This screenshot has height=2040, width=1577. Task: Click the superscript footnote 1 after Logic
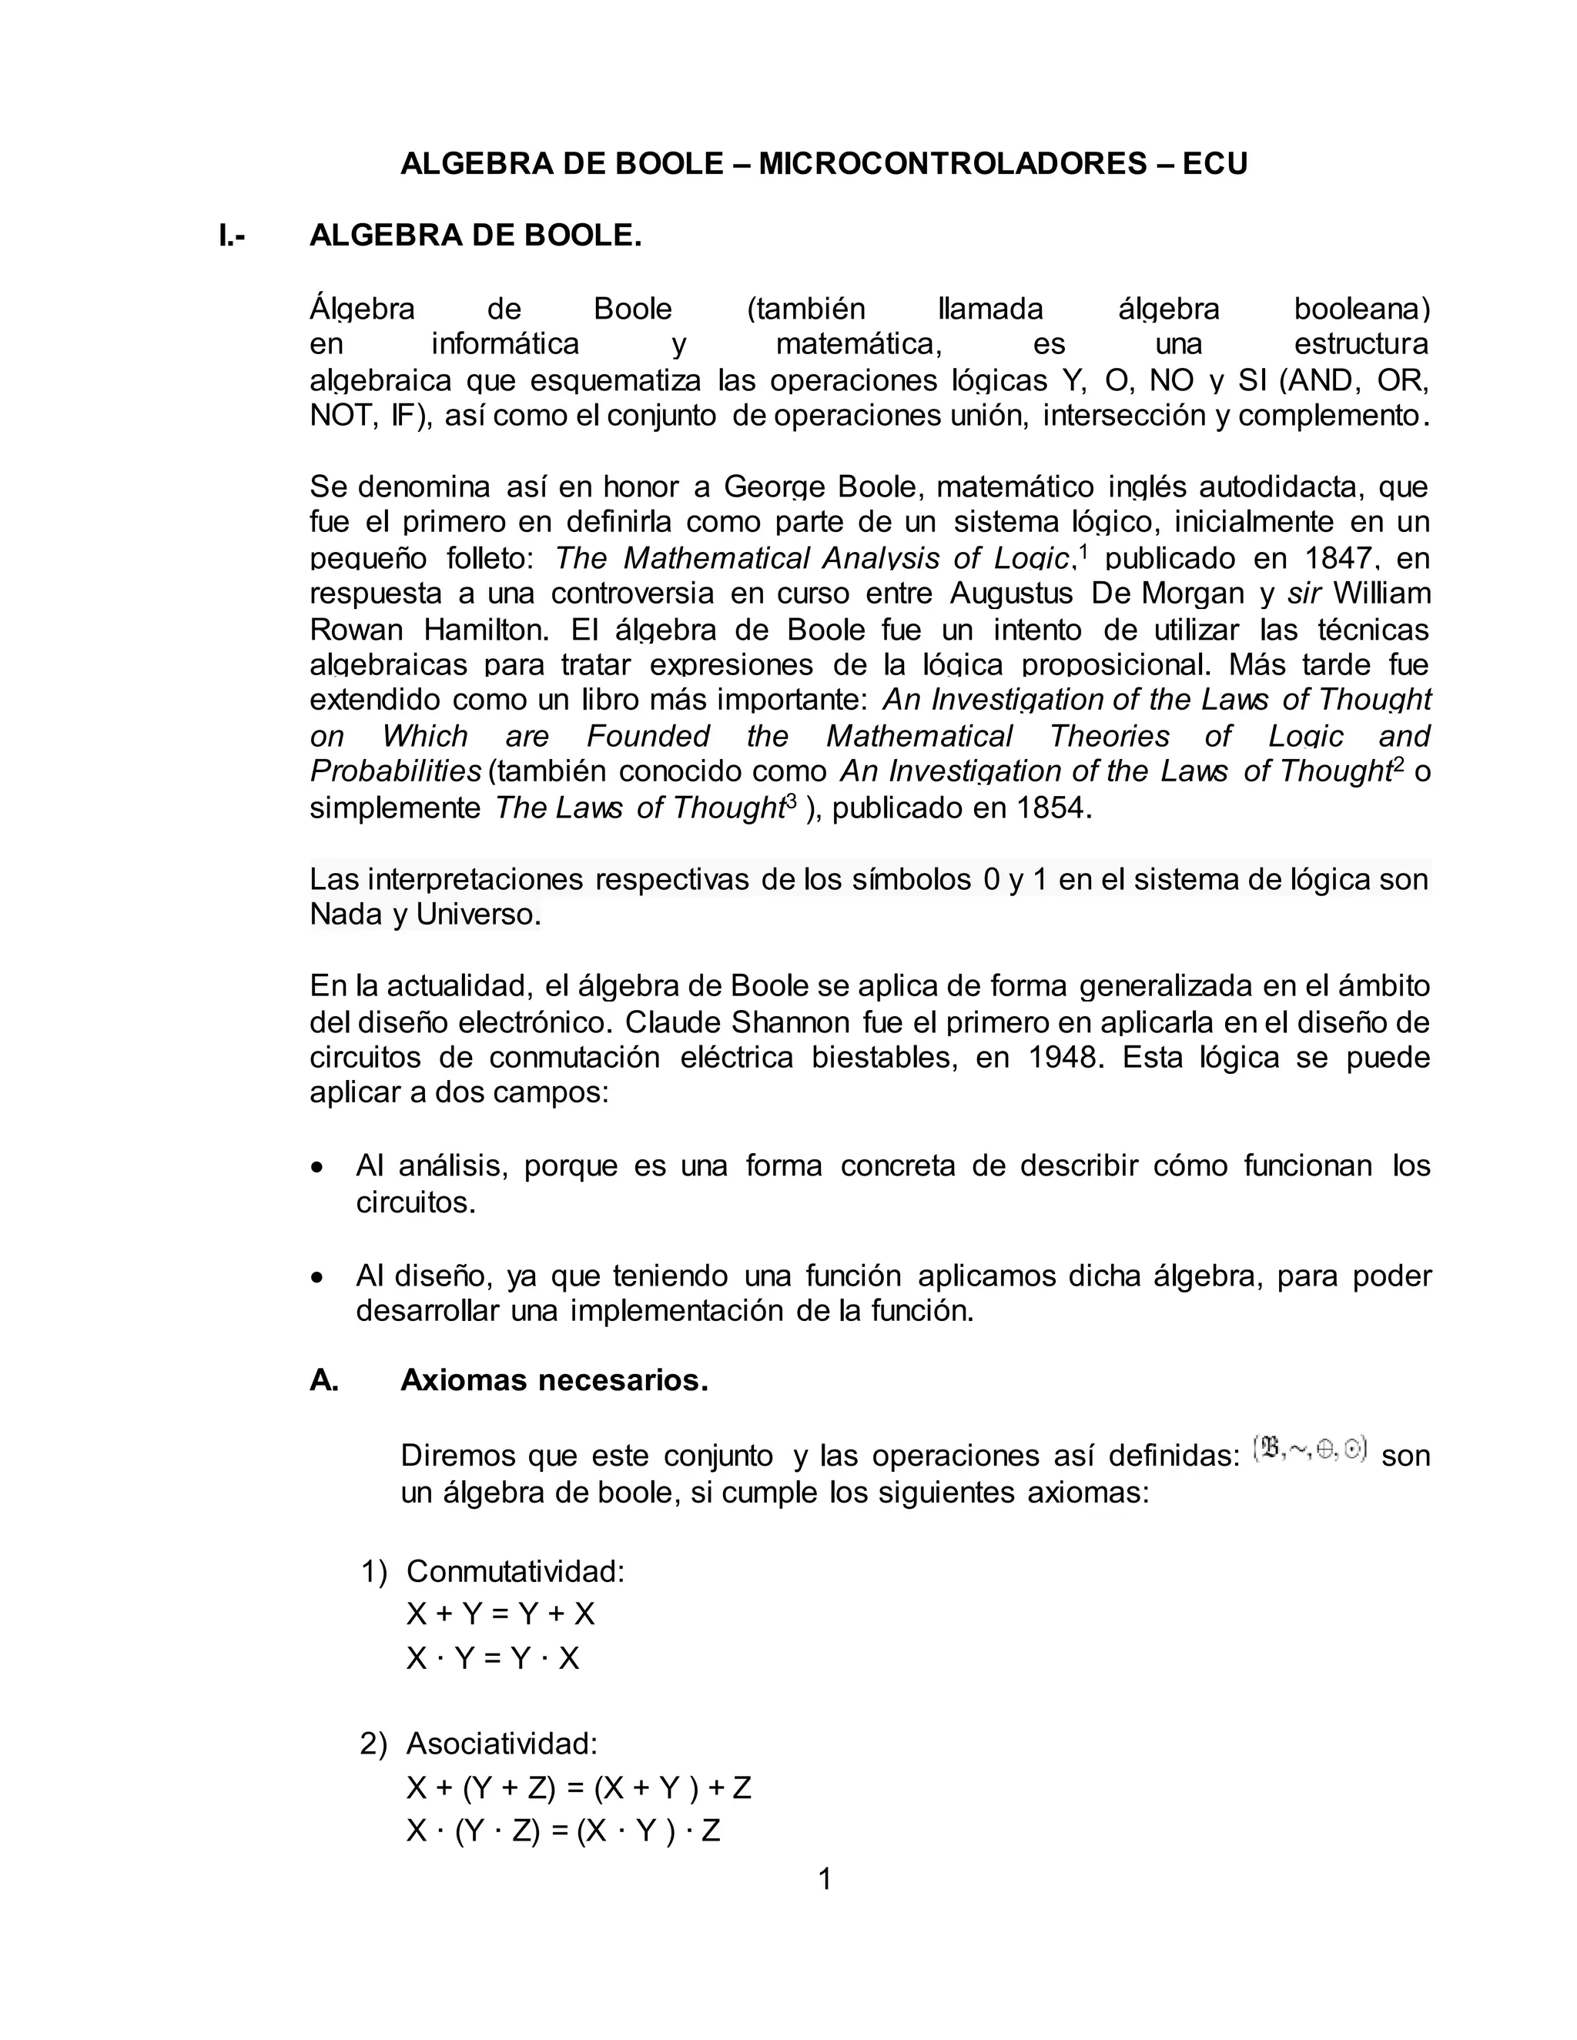click(x=1083, y=550)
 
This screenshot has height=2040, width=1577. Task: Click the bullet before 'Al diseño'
click(x=320, y=1277)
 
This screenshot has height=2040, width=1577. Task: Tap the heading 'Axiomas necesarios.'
click(x=554, y=1380)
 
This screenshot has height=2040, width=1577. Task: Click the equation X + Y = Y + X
click(x=500, y=1614)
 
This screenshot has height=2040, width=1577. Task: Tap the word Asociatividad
click(x=501, y=1743)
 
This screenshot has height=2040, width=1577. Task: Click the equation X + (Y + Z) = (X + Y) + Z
click(x=578, y=1787)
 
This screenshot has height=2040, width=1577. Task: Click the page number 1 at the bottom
click(x=824, y=1878)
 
